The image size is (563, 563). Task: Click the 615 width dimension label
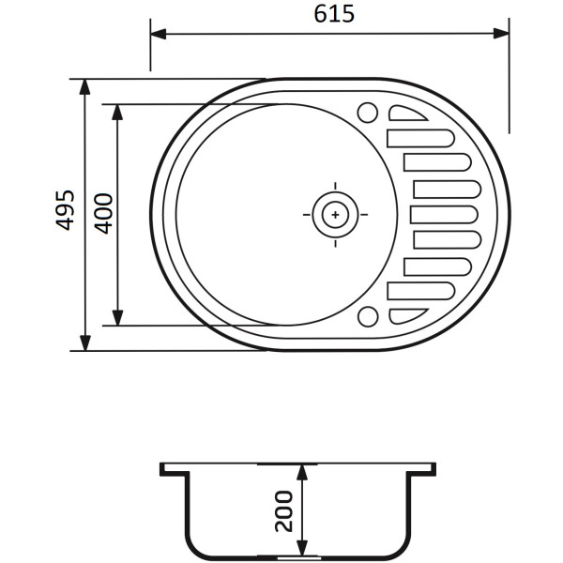tap(334, 14)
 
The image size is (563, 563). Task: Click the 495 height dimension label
tap(65, 210)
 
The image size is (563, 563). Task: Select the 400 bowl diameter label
tap(103, 214)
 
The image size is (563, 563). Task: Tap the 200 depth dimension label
tap(283, 511)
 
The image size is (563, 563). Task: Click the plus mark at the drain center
tap(335, 215)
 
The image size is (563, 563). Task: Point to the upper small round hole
tap(368, 113)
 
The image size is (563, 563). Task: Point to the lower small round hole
tap(368, 316)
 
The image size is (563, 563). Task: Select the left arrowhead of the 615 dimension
tap(159, 34)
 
